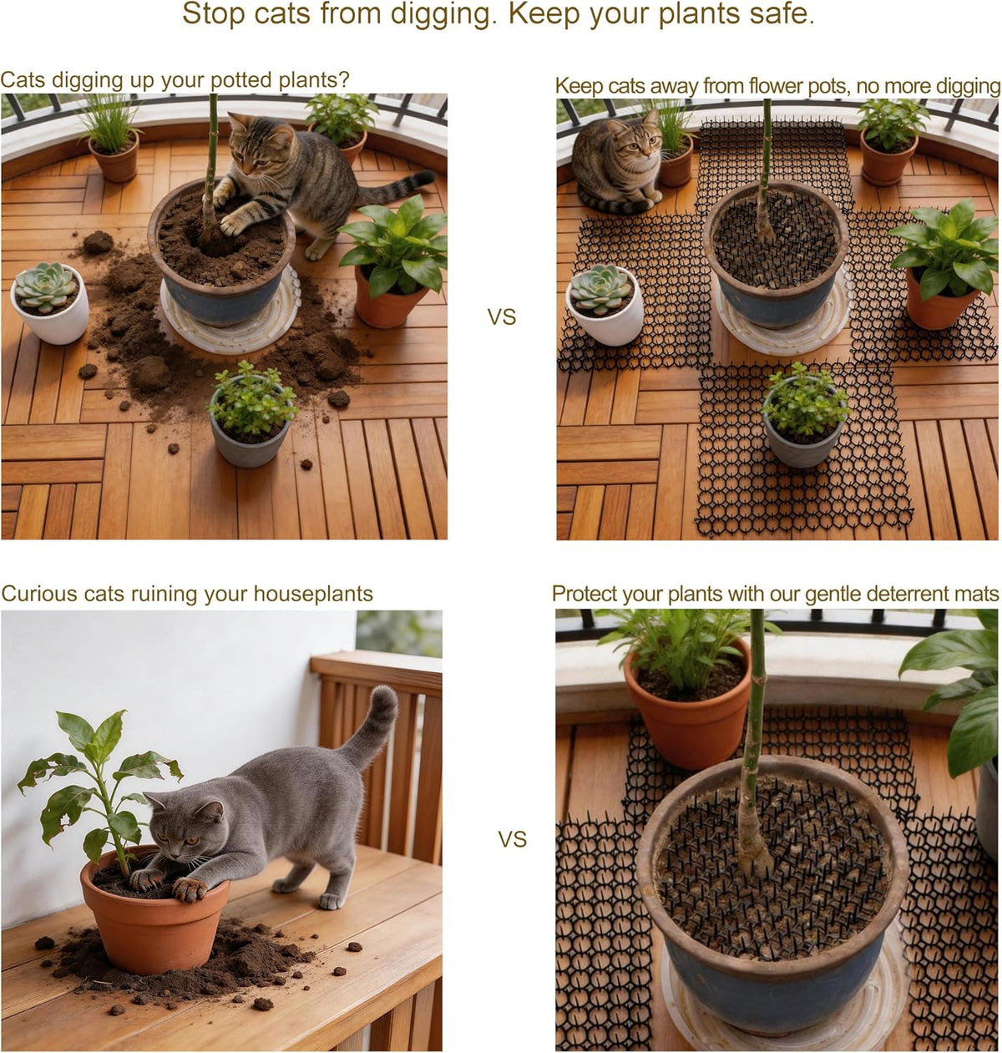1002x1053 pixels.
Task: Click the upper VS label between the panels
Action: [502, 317]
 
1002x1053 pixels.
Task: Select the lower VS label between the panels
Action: [513, 838]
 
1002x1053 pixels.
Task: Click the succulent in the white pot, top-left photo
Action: [46, 286]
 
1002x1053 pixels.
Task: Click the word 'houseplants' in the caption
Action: [313, 594]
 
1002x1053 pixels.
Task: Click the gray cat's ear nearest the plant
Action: [156, 802]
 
